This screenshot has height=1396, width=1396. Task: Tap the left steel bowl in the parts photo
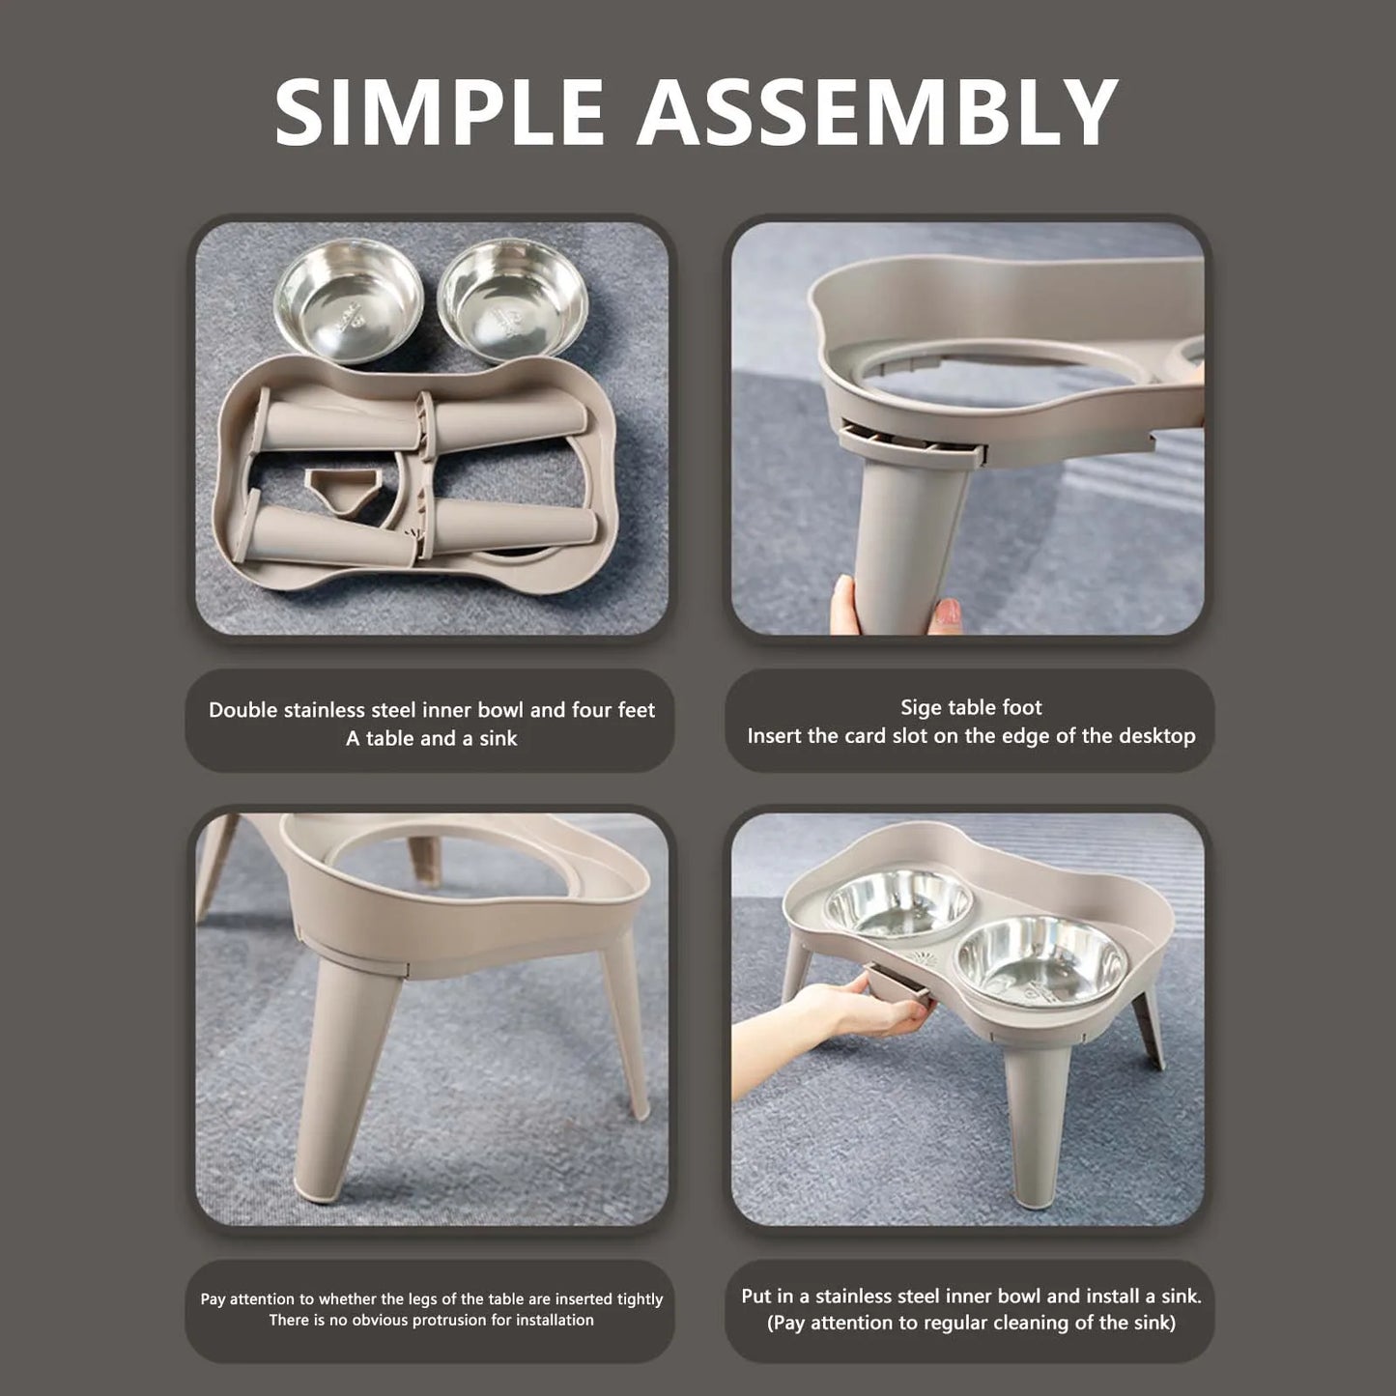click(349, 300)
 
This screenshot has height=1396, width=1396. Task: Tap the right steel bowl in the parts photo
click(513, 299)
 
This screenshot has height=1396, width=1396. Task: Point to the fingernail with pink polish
click(948, 612)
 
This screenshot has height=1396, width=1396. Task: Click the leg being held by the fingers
click(903, 541)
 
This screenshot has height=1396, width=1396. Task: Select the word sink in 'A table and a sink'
click(499, 739)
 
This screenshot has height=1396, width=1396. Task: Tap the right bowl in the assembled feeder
click(1041, 960)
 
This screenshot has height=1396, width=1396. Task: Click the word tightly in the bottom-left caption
click(639, 1299)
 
